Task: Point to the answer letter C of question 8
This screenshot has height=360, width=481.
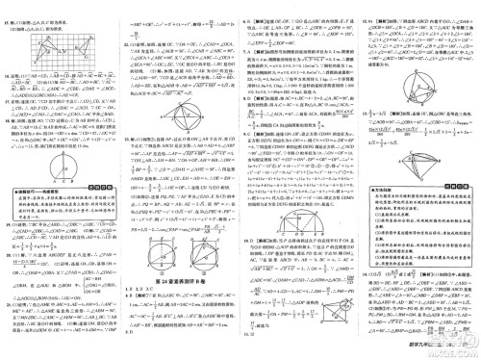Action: pos(249,98)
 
